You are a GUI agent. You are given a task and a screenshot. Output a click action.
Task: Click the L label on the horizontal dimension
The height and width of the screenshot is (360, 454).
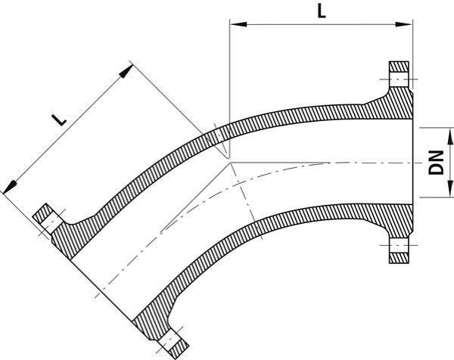click(x=322, y=13)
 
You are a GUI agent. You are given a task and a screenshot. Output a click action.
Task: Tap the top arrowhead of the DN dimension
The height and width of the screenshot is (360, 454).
click(x=428, y=132)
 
